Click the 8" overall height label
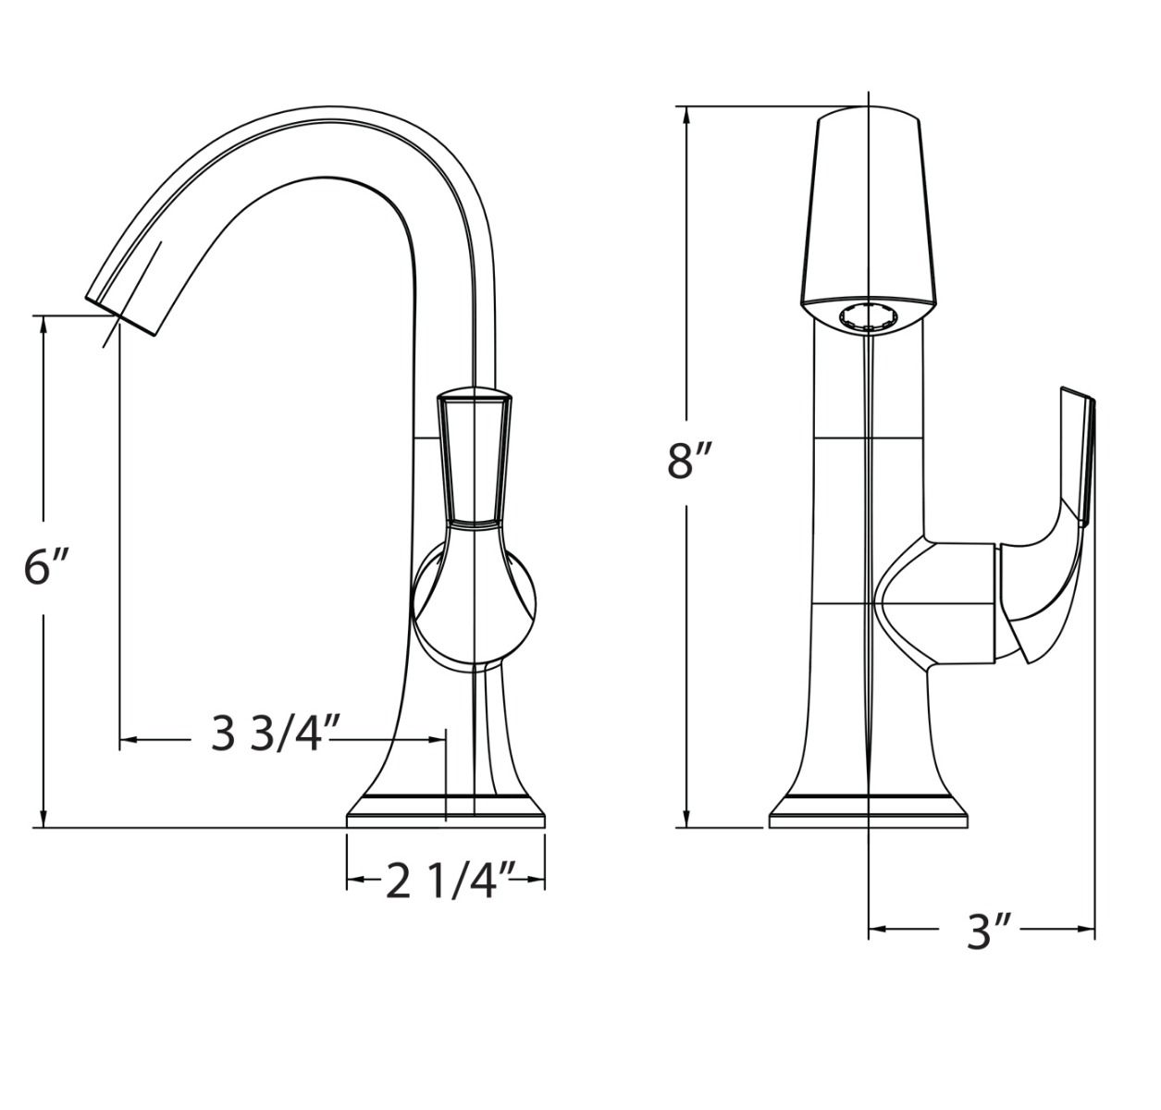pos(691,461)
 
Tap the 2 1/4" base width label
pos(451,882)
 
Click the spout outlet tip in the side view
pos(122,314)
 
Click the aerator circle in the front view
pos(869,316)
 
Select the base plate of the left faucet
pos(446,814)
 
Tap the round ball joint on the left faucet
pos(474,601)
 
